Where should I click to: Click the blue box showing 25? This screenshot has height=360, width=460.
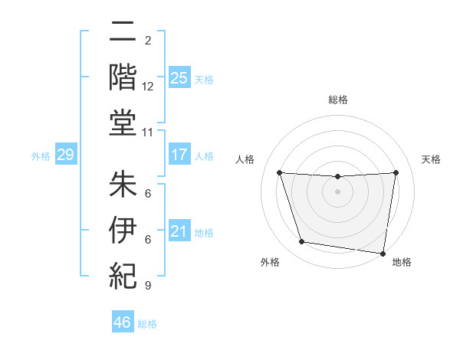coord(179,77)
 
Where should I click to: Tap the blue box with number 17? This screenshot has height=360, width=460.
coord(179,155)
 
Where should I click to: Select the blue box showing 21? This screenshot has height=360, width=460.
coord(179,231)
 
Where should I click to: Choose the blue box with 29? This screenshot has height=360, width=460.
coord(65,155)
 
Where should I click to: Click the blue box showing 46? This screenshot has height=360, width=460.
coord(122,322)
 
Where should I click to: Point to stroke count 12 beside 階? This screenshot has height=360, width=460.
coord(148,87)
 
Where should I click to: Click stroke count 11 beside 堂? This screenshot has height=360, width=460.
coord(148,133)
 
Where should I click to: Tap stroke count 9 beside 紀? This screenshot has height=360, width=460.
coord(147,286)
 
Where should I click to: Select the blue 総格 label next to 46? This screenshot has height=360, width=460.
coord(147,324)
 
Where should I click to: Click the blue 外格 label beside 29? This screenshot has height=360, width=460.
coord(41,156)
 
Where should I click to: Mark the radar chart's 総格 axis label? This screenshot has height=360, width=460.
coord(338,100)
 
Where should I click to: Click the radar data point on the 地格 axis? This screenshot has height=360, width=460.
coord(383,253)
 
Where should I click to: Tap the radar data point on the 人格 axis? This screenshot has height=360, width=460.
coord(279,172)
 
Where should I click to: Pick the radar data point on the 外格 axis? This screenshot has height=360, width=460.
coord(302,242)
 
